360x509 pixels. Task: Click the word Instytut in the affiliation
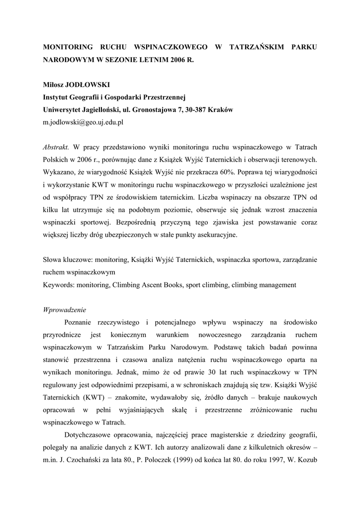tap(58, 97)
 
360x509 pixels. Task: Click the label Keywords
tap(59, 285)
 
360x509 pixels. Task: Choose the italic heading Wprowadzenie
tap(65, 310)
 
